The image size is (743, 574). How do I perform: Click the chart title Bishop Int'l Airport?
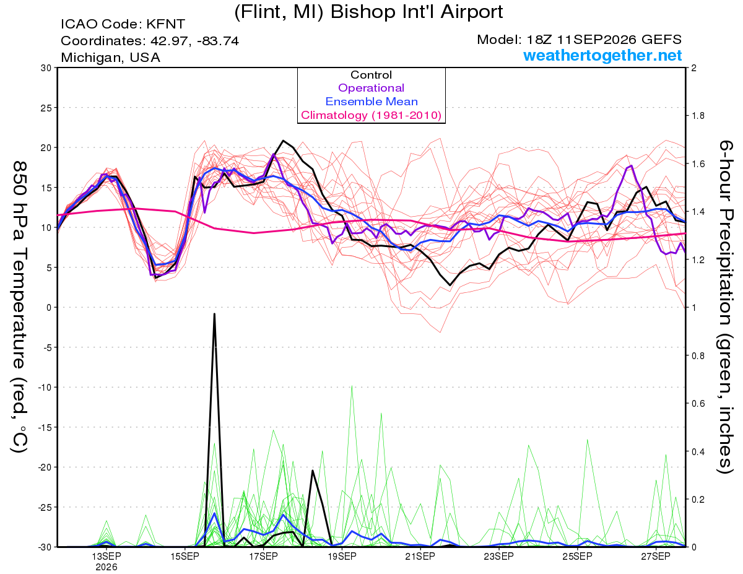[417, 12]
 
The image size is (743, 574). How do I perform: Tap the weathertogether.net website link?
[602, 55]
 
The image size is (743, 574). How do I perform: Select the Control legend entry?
[371, 75]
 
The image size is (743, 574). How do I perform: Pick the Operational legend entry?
[371, 88]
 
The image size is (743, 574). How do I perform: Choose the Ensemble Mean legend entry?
[371, 102]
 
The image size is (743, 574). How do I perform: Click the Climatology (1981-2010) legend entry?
[371, 115]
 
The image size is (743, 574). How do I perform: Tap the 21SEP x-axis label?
[420, 557]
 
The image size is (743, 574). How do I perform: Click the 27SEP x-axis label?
[656, 557]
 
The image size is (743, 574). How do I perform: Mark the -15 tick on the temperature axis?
[45, 427]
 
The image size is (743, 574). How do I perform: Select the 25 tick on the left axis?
[46, 108]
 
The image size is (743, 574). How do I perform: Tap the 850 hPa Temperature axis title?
[19, 307]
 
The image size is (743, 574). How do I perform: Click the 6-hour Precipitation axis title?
[725, 307]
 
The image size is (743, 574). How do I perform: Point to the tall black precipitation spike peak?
[214, 313]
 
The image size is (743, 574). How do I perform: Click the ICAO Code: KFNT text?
[123, 24]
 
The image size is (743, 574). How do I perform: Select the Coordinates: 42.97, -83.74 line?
[150, 41]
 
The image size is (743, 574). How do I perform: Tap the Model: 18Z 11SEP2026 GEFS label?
[579, 40]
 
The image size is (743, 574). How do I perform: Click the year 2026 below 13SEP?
[106, 567]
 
